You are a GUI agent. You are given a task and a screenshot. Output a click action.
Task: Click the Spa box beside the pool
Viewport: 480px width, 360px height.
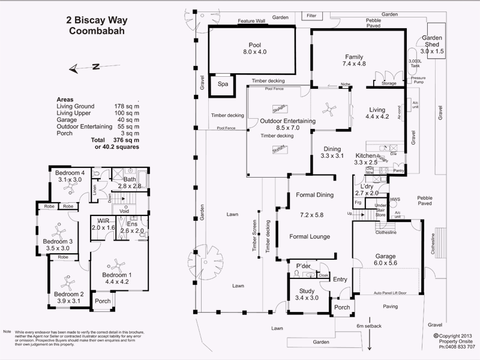(223, 85)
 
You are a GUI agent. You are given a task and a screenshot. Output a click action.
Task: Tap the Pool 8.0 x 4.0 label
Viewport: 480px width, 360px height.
(254, 49)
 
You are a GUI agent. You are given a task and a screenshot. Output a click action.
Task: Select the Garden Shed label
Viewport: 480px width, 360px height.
(432, 45)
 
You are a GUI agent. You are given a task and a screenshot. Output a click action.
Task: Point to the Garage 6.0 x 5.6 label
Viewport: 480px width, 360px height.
(385, 260)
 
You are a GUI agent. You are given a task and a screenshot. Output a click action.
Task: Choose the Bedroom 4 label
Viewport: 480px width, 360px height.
(69, 176)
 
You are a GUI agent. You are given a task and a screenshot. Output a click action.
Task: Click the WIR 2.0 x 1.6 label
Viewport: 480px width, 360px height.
(103, 224)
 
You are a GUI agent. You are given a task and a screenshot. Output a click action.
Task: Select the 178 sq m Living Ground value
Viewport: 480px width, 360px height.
(127, 106)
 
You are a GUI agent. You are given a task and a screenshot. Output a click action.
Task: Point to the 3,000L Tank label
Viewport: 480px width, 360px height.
(415, 64)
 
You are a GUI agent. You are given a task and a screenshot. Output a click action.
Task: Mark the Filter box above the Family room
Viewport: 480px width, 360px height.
(311, 15)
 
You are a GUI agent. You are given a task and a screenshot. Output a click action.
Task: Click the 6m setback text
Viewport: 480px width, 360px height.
(368, 326)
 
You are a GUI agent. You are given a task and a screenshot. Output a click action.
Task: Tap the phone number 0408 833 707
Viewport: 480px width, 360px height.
(457, 347)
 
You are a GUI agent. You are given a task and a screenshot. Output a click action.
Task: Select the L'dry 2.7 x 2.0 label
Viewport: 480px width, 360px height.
(367, 190)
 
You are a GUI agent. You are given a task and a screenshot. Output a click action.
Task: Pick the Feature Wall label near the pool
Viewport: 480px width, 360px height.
(251, 21)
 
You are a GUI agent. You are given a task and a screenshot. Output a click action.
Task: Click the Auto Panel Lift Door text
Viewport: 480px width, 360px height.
(391, 293)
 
